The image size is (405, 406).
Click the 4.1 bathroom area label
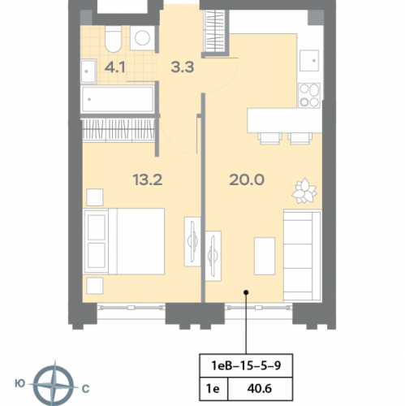click(115, 67)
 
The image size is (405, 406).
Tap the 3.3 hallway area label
click(183, 67)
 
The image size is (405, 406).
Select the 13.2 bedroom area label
click(148, 179)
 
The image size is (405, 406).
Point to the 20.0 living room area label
click(247, 179)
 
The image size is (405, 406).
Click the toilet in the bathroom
click(114, 39)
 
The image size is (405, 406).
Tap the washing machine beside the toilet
click(142, 38)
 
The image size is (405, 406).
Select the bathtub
click(118, 100)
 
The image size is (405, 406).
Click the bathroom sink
click(88, 71)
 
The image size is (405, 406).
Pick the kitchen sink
click(309, 60)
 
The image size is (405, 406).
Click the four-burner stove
click(309, 96)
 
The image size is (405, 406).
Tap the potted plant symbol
click(304, 191)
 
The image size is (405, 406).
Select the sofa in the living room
click(302, 256)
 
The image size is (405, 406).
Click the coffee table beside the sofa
click(265, 256)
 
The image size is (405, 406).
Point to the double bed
click(124, 241)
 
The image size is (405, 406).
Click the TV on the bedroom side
click(192, 241)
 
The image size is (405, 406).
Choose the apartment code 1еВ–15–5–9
click(246, 365)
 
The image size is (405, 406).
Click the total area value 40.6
click(259, 389)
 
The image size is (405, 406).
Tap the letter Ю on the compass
click(20, 384)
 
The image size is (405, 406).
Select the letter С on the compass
click(85, 389)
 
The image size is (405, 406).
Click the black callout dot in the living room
click(246, 292)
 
